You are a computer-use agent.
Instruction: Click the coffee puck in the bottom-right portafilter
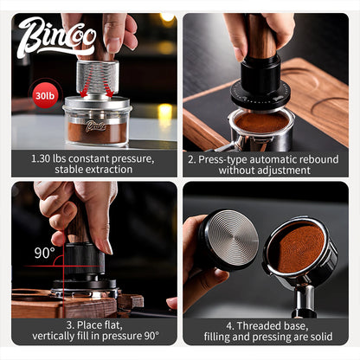(x=297, y=243)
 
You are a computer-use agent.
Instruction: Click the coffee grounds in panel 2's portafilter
(x=260, y=122)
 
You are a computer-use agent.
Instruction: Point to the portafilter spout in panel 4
(x=304, y=301)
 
